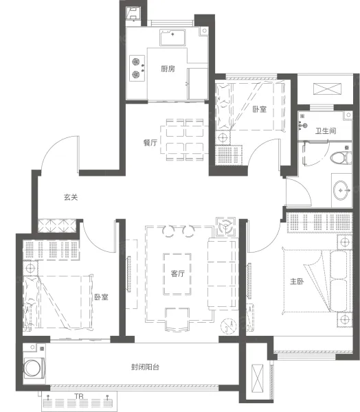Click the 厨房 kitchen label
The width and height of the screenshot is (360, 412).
tap(168, 69)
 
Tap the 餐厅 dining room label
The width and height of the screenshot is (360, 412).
tap(150, 143)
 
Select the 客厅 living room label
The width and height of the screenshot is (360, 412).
tap(177, 274)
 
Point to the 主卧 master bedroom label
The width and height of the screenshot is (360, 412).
tap(297, 282)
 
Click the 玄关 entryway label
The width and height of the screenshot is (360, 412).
tap(71, 197)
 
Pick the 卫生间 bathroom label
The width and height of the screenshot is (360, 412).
tap(326, 130)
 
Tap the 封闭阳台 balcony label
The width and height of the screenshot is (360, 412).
tap(145, 367)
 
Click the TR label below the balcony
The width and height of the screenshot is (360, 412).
tap(79, 396)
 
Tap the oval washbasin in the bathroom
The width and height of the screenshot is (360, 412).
tap(341, 190)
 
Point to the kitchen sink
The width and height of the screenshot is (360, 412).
tap(172, 38)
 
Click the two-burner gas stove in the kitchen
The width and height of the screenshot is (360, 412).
tap(137, 68)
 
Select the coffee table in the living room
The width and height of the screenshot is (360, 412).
tap(177, 274)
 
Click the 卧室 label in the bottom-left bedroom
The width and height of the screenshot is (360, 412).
tap(101, 297)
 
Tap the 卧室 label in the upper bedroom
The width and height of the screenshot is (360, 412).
tap(260, 109)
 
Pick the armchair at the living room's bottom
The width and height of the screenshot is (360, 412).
tap(177, 319)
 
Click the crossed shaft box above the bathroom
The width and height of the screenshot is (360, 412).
tap(328, 89)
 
